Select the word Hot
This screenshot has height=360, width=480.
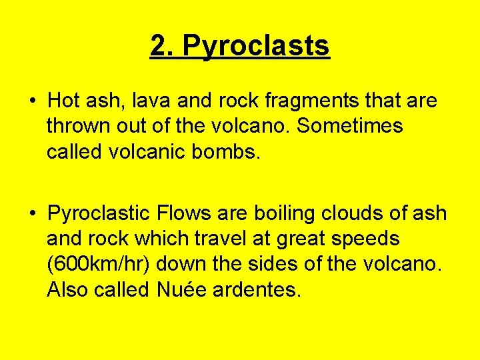64,101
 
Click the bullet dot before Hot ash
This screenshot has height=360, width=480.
32,102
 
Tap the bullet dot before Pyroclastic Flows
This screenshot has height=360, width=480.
32,215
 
